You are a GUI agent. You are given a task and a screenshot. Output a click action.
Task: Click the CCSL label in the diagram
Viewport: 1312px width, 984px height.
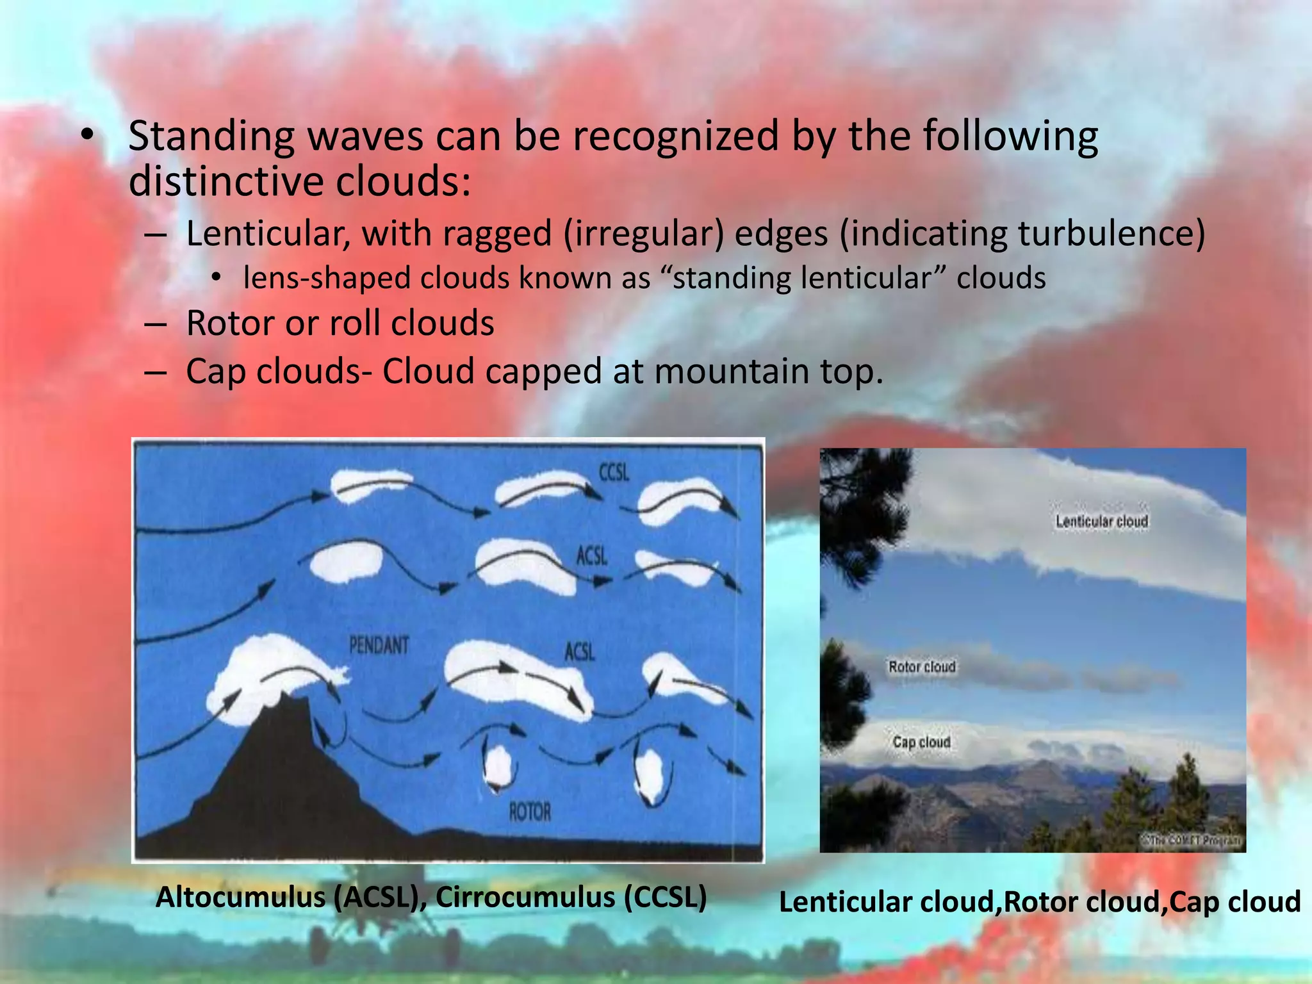point(614,472)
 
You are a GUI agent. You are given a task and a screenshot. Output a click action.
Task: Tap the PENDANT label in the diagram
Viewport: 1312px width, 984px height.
point(379,645)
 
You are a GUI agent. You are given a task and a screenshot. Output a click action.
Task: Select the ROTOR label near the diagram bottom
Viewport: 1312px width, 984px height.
point(530,812)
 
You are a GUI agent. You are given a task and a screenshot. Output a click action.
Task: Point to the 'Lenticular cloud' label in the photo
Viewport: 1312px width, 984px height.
point(1102,521)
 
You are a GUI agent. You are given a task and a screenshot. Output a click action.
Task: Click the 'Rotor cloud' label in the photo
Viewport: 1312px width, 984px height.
point(922,667)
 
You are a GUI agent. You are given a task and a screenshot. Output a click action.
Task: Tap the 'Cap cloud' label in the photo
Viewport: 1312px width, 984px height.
point(921,742)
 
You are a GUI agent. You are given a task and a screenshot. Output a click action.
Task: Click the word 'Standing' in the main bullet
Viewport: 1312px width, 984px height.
point(211,137)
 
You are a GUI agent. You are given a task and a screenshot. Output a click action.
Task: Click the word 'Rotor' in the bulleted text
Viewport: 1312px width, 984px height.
point(229,322)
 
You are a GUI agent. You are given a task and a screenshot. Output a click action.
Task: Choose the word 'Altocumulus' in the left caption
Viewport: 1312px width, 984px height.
point(241,898)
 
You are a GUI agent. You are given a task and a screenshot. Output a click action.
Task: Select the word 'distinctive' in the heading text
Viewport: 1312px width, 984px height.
point(226,182)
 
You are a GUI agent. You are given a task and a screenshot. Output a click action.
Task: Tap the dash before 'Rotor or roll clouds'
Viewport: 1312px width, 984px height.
point(156,324)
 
